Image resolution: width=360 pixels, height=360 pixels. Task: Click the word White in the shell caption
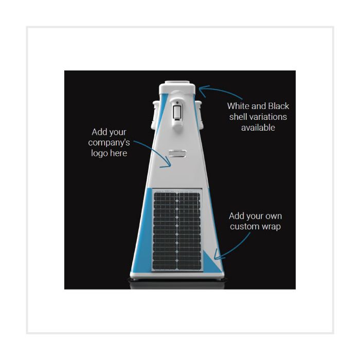coord(238,106)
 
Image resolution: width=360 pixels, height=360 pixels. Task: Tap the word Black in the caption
coord(279,106)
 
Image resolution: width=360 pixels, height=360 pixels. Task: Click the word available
coord(258,128)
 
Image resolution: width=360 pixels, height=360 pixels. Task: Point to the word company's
coord(109,142)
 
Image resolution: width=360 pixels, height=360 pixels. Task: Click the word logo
coord(99,153)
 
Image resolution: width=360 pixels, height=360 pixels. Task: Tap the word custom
coord(244,227)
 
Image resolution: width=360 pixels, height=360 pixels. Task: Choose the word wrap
coord(271,227)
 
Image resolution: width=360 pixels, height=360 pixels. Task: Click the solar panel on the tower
coord(177,230)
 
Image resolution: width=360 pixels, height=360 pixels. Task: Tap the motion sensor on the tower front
coord(177,113)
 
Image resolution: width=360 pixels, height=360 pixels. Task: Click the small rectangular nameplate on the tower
coord(177,154)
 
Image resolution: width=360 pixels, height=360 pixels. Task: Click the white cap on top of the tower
coord(177,87)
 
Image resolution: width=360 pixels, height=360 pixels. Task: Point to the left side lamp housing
coord(155,114)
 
